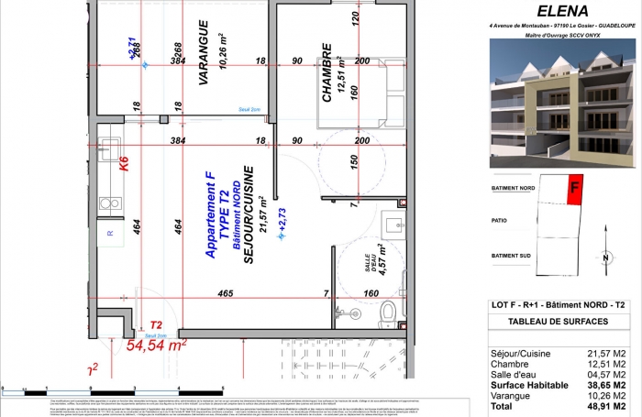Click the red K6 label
pos(124,165)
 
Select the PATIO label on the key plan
pos(500,220)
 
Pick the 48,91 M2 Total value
pos(608,405)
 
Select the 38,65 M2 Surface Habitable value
pos(608,386)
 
